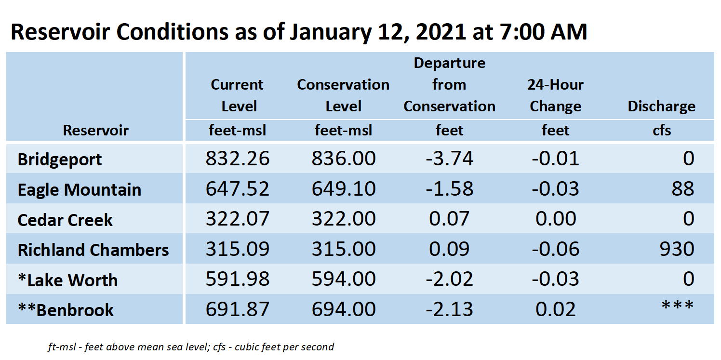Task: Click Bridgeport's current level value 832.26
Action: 238,158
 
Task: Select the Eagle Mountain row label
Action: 80,189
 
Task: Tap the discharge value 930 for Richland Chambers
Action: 677,249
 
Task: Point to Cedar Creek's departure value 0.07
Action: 449,219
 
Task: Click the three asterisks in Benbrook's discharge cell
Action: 678,305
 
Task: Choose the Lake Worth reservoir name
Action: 68,280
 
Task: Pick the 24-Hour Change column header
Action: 556,95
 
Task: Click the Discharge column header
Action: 661,106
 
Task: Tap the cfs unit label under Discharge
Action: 662,130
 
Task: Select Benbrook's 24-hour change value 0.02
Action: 556,309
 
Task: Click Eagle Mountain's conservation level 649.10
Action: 344,188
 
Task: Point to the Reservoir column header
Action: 95,130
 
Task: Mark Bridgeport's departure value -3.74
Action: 449,158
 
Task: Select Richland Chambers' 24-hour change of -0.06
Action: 556,249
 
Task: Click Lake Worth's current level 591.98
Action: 238,279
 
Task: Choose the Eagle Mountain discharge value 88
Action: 683,188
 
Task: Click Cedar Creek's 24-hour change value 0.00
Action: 556,219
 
